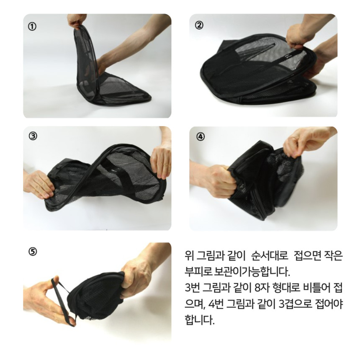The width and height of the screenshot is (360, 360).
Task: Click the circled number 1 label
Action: pyautogui.click(x=32, y=27)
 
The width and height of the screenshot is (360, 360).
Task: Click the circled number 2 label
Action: pyautogui.click(x=199, y=25)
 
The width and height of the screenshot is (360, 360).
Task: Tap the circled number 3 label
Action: pyautogui.click(x=33, y=136)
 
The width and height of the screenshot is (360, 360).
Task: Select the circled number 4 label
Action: pyautogui.click(x=200, y=136)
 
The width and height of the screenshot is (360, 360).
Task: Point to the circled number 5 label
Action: pyautogui.click(x=33, y=252)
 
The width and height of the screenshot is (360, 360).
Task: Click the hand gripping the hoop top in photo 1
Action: pyautogui.click(x=77, y=21)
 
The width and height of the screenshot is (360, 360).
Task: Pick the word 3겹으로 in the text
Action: pyautogui.click(x=295, y=304)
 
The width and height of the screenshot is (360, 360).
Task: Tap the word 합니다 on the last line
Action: pyautogui.click(x=200, y=320)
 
